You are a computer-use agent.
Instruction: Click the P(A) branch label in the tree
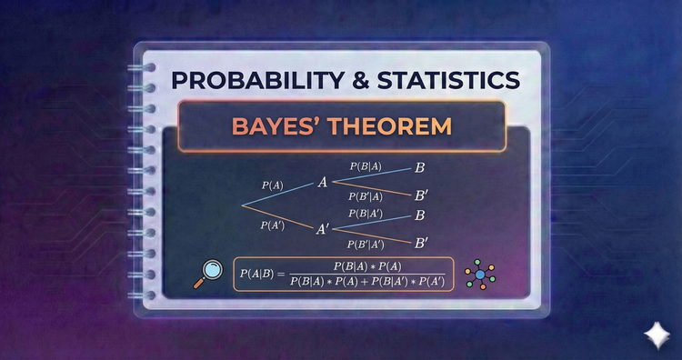click(x=272, y=185)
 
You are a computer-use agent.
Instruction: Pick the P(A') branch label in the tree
click(x=273, y=225)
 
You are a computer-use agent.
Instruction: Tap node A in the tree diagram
click(x=322, y=183)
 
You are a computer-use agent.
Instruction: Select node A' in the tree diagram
click(x=323, y=230)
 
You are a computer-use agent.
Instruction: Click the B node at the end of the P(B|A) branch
click(x=419, y=168)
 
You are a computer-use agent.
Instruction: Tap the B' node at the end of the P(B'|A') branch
click(x=421, y=243)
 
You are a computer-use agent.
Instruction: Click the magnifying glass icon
click(x=208, y=273)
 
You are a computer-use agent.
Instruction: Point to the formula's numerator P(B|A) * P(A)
click(x=367, y=265)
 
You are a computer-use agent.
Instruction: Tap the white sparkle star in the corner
click(x=653, y=334)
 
